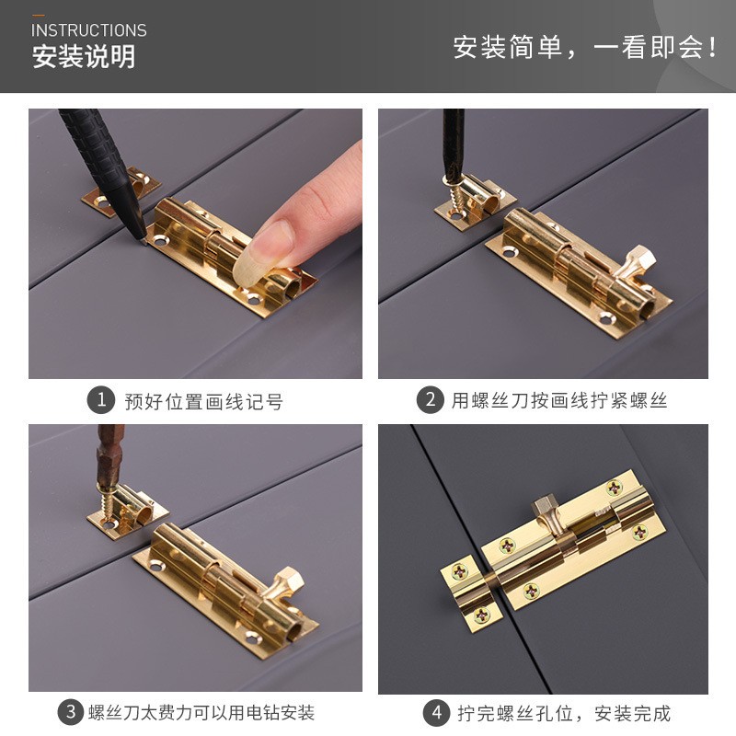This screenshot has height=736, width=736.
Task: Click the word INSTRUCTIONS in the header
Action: pos(89,30)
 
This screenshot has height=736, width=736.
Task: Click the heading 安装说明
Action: pos(84,57)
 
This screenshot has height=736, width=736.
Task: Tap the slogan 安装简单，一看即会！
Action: pos(585,47)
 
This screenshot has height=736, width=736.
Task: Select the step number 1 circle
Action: pos(100,400)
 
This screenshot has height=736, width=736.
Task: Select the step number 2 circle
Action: pos(430,400)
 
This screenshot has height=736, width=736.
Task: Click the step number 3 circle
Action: pos(71,712)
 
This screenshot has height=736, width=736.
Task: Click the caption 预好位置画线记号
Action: pos(203,401)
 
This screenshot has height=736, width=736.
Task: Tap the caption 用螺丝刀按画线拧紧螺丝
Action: pos(558,401)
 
